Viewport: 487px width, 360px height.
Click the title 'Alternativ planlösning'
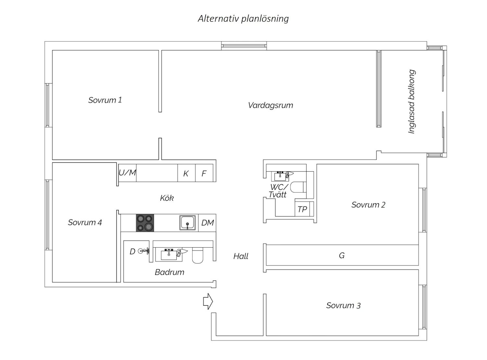coord(243,19)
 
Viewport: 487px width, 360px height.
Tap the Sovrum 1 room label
coord(105,100)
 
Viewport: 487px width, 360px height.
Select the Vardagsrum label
coord(270,105)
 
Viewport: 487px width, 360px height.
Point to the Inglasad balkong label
coord(411,102)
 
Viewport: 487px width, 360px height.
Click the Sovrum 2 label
coord(368,205)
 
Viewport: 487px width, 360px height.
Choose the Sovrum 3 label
coord(343,305)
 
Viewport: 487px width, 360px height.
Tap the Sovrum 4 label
coord(85,223)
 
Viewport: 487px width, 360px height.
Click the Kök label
coord(167,198)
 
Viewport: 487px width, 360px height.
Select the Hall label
coord(241,256)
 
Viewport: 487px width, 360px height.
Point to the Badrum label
coord(169,272)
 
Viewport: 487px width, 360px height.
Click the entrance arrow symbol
coord(208,301)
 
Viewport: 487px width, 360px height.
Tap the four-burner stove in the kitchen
coord(145,223)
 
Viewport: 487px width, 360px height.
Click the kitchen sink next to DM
coord(187,223)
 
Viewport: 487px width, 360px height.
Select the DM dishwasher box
coord(207,223)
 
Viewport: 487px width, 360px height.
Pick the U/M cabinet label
coord(127,173)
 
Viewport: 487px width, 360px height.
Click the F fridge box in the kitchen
coord(204,173)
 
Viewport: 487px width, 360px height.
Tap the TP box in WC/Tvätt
coord(302,209)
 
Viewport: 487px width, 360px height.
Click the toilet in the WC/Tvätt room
coord(298,187)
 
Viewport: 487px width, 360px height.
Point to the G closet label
coord(342,255)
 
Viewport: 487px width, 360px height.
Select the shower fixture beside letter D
coord(144,251)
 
